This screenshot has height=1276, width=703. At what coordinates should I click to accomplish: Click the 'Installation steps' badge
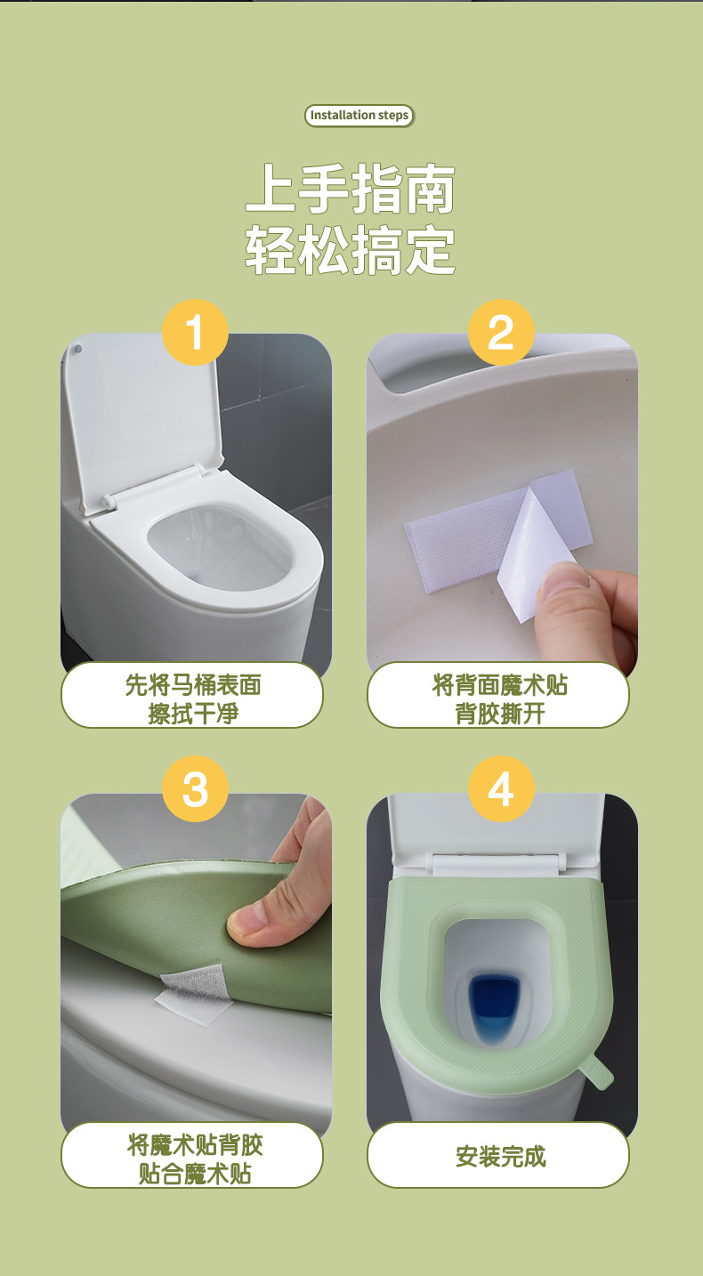coord(359,115)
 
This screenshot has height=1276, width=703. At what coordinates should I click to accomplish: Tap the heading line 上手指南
coord(351,190)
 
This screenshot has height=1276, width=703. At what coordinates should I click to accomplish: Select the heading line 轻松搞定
coord(351,249)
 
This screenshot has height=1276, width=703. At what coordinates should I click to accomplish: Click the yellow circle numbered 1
coord(195,332)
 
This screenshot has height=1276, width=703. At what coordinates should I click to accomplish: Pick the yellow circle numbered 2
coord(501,332)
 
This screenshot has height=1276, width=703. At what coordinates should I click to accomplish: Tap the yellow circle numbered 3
coord(195,789)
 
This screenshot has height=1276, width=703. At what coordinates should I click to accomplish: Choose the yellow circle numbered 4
coord(501,789)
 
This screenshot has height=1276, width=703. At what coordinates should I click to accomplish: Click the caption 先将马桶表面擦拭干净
coord(192,699)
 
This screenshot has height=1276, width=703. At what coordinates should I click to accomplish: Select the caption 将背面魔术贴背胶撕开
coord(499,699)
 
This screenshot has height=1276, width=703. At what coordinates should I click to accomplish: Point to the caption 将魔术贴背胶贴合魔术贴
coord(194,1159)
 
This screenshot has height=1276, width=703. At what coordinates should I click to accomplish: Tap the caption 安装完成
coord(500,1157)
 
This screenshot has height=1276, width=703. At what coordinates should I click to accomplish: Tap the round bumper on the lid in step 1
coord(78,349)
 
